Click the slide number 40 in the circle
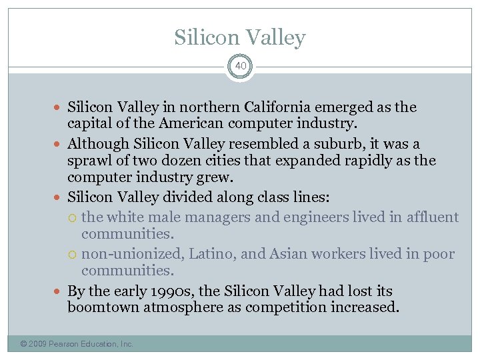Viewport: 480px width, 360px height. (240, 67)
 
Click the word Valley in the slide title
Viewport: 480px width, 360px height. (276, 38)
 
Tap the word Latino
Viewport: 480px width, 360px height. (211, 254)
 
